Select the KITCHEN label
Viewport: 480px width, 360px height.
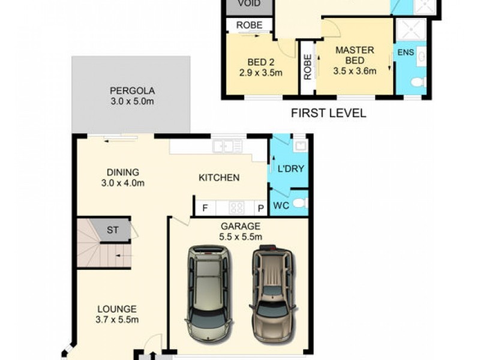pyautogui.click(x=219, y=178)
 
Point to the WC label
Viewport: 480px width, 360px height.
pyautogui.click(x=281, y=206)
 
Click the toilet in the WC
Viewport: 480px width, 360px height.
pyautogui.click(x=301, y=203)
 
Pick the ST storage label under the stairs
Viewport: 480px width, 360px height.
pyautogui.click(x=112, y=229)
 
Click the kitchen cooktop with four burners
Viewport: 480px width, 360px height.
pyautogui.click(x=236, y=208)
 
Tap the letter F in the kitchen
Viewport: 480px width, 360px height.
pyautogui.click(x=205, y=208)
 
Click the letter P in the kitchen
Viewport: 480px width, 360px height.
pyautogui.click(x=260, y=208)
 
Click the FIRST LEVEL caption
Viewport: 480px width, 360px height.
pyautogui.click(x=328, y=113)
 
